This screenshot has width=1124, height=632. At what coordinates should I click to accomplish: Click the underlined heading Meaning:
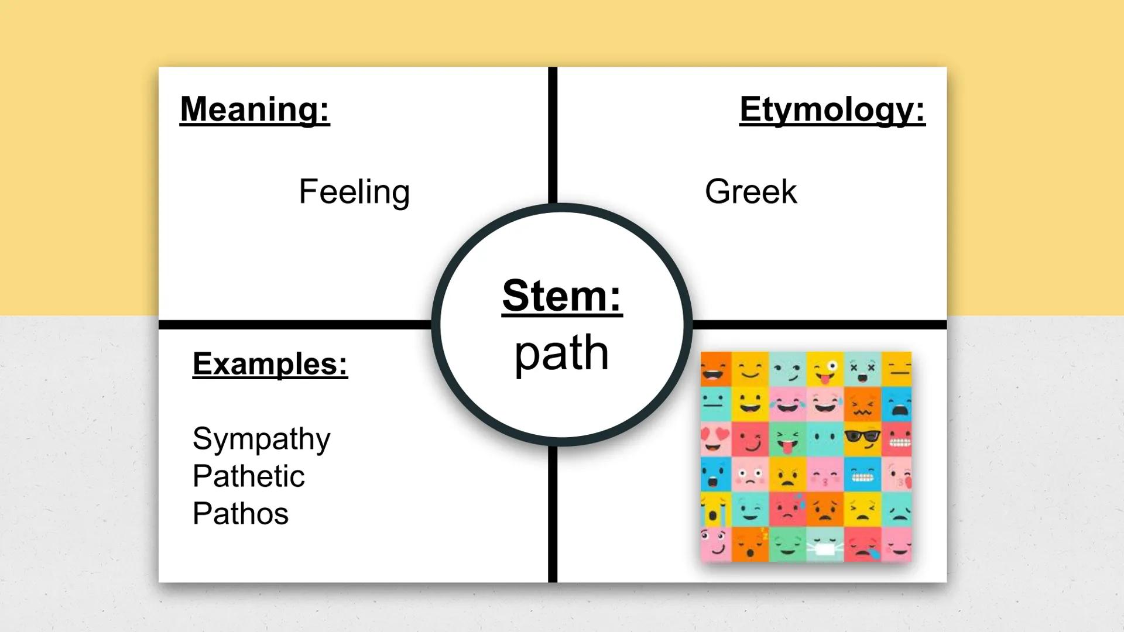(x=255, y=109)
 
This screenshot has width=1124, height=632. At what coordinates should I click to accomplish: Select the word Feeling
(x=354, y=192)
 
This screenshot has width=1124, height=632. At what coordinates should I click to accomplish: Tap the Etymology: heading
(x=832, y=109)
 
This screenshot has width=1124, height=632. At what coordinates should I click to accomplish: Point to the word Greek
(x=751, y=192)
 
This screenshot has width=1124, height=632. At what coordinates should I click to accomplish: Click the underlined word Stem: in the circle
(x=562, y=296)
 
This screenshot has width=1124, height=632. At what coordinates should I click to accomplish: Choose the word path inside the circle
(x=562, y=353)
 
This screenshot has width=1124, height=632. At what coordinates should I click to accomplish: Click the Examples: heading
(x=270, y=364)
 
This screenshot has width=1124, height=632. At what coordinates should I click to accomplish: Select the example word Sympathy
(x=261, y=439)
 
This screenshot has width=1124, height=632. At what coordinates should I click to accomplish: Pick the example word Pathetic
(x=248, y=476)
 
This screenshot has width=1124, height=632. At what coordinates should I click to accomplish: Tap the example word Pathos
(x=241, y=514)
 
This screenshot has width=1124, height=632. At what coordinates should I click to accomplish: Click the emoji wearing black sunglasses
(x=862, y=439)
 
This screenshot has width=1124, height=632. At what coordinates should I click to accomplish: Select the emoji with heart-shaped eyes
(x=715, y=439)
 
